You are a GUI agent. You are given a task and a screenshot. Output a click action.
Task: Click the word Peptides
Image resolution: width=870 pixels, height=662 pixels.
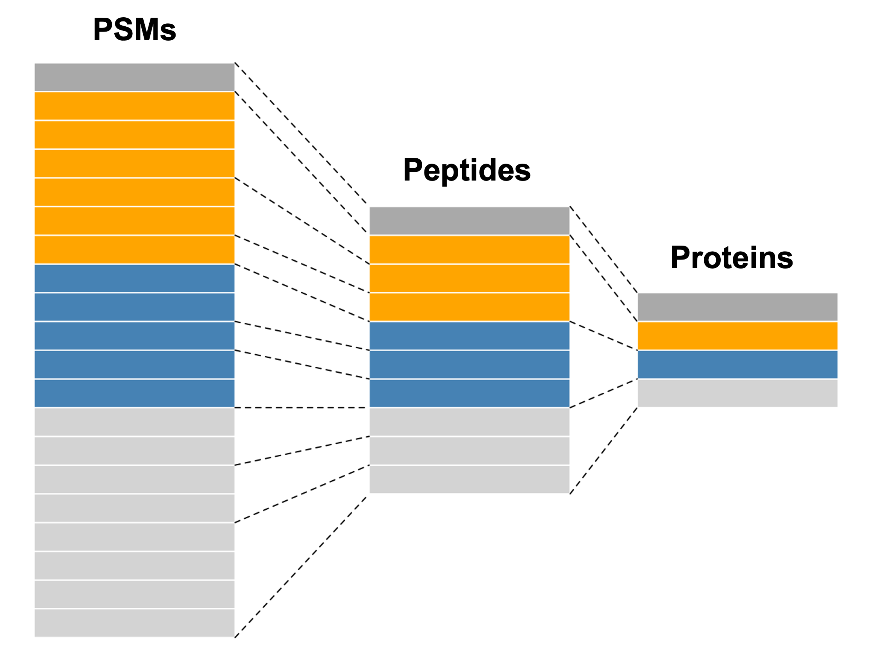[467, 170]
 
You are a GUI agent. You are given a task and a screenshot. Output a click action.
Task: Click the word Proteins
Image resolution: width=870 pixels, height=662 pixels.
[732, 258]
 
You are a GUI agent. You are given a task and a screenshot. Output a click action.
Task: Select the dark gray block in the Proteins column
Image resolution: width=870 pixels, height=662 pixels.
[737, 307]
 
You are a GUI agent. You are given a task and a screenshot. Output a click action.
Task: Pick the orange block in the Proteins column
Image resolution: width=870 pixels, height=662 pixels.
[737, 336]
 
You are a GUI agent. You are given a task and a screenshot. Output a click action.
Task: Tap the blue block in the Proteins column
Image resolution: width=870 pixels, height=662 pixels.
[737, 364]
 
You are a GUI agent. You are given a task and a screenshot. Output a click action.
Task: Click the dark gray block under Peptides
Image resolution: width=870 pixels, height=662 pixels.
[469, 221]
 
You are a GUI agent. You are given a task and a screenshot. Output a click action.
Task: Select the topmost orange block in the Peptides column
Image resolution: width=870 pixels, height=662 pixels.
[469, 249]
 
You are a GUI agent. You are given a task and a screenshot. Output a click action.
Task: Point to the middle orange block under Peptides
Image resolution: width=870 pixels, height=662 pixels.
[469, 278]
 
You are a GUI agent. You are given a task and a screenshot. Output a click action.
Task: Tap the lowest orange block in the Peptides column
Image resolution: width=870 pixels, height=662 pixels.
[469, 307]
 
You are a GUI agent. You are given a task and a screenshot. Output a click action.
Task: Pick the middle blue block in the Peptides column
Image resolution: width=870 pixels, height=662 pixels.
[469, 364]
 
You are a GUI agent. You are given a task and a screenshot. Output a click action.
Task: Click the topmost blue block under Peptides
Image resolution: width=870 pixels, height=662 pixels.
[469, 336]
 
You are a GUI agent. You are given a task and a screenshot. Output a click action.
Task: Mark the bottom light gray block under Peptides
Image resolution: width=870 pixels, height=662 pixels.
[469, 479]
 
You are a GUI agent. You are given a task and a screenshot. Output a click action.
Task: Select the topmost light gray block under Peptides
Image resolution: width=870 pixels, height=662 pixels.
[469, 422]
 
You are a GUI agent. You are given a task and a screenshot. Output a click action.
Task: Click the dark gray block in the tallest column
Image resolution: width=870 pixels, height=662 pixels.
[134, 77]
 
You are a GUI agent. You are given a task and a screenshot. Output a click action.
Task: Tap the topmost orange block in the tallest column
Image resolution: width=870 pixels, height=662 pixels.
[134, 106]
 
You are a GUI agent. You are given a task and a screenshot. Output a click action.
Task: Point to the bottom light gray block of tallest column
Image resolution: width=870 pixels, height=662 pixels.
[134, 623]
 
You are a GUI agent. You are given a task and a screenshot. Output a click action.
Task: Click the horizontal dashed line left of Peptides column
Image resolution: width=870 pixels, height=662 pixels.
[302, 408]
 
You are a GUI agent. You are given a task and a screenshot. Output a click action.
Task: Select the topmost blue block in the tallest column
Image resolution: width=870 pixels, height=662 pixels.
[134, 278]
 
